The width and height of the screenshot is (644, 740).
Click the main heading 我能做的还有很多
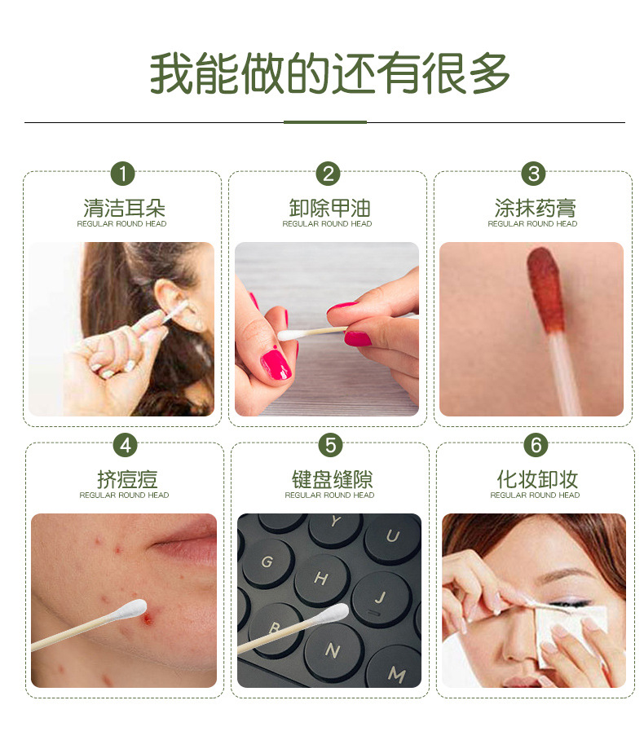(x=329, y=73)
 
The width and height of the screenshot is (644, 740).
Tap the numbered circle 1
(x=123, y=174)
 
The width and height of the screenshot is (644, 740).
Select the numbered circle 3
(x=533, y=174)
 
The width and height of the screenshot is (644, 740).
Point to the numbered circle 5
(x=330, y=445)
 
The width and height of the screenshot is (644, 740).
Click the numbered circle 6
(x=536, y=445)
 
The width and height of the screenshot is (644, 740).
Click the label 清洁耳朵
(x=124, y=208)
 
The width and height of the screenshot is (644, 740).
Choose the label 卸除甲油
(x=329, y=208)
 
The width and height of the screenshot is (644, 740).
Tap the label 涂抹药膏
(x=535, y=208)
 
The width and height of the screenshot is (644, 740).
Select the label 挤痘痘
(x=127, y=479)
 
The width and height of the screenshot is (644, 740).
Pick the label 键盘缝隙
(x=333, y=479)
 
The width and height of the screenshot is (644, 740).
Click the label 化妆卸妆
(x=537, y=479)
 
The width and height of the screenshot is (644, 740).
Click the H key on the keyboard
(x=322, y=579)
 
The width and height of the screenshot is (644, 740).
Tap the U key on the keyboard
(x=393, y=537)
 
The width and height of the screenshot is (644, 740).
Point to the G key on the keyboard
(x=267, y=562)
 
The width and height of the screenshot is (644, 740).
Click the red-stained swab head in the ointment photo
(x=546, y=289)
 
